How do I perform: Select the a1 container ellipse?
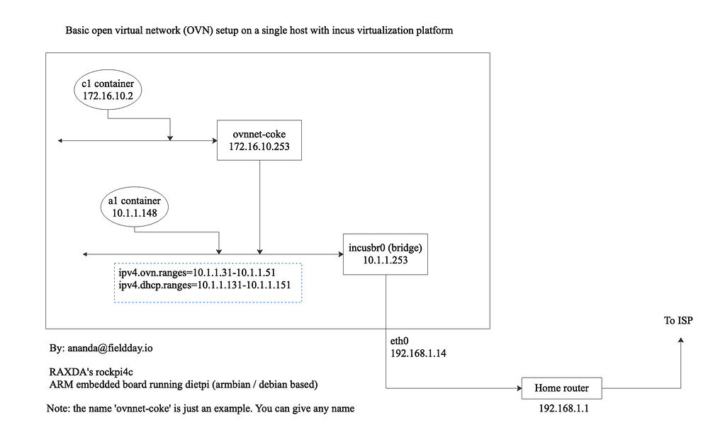135,206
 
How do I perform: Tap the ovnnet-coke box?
259,140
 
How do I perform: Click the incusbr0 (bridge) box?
386,254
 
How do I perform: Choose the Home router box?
562,388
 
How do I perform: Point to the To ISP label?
678,321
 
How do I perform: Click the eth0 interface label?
400,339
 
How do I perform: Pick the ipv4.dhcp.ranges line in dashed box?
206,286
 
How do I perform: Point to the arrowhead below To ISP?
681,341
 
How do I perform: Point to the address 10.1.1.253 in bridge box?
386,260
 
